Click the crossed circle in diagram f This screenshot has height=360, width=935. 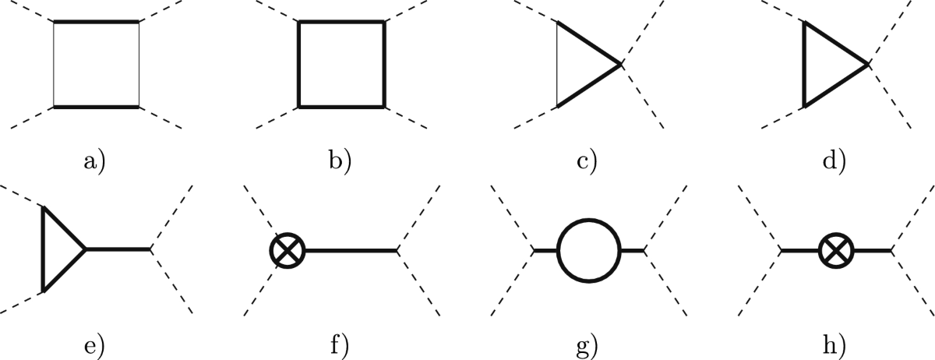coord(287,250)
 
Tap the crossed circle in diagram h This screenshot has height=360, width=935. coord(836,250)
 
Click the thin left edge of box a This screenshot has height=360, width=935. coord(54,64)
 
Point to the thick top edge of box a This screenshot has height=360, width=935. coord(96,23)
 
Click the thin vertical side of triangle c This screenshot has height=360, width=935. coord(557,64)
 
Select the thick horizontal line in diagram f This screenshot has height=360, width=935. coord(351,250)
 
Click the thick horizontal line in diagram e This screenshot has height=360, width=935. coord(117,249)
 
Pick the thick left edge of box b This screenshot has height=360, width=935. coord(299,64)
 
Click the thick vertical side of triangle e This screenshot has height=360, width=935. coord(44,249)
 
